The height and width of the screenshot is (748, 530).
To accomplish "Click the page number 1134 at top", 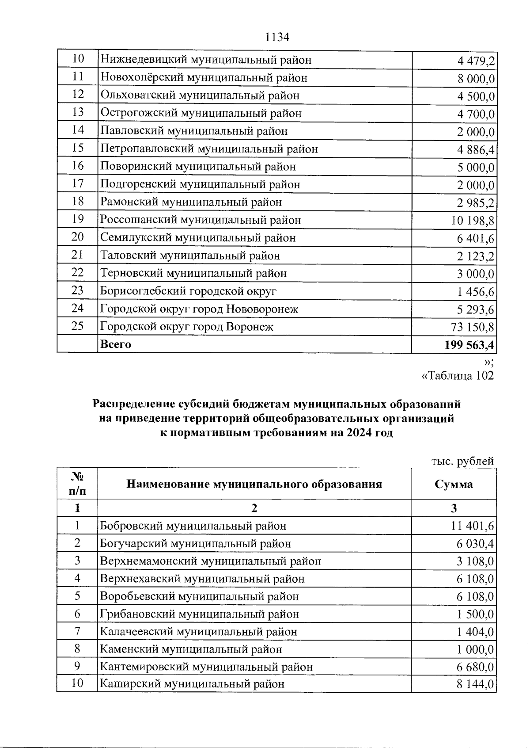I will click(277, 38).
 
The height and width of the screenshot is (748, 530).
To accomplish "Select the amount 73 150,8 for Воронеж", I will click(473, 327).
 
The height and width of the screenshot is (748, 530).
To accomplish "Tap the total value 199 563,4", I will click(469, 345).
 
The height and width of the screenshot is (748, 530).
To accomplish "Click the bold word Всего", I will click(116, 344).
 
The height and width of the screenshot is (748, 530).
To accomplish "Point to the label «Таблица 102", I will click(458, 376).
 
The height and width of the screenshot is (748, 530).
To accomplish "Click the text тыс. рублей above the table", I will click(462, 461).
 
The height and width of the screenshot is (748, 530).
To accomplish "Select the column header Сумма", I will click(454, 484).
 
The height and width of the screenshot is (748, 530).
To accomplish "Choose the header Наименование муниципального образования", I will click(254, 484).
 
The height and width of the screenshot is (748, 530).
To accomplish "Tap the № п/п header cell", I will click(77, 484).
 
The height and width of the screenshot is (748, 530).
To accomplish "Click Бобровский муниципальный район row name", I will click(193, 526).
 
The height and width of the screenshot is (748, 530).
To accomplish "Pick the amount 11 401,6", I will click(473, 526).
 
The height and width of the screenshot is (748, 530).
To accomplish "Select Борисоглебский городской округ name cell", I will click(188, 291).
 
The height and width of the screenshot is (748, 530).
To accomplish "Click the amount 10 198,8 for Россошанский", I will click(473, 220).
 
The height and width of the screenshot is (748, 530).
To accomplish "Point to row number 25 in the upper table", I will click(77, 326).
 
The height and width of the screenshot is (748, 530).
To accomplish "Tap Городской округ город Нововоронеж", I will click(199, 309).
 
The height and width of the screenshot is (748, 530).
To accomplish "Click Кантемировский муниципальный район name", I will click(206, 667).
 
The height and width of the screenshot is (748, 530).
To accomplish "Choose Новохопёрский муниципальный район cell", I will click(204, 78).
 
